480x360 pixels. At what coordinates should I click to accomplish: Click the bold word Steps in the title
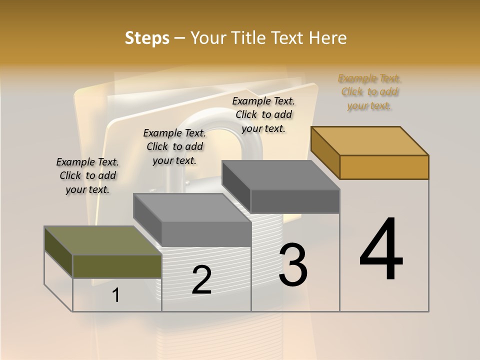(x=147, y=38)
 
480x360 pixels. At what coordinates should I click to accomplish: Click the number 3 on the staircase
(x=293, y=265)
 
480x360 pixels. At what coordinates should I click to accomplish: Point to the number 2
(x=201, y=280)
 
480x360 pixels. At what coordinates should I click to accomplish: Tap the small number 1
(x=116, y=295)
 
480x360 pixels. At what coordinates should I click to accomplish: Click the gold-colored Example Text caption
(x=369, y=92)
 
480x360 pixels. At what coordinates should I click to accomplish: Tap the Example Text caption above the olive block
(x=87, y=175)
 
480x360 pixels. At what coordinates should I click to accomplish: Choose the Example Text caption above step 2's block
(x=174, y=146)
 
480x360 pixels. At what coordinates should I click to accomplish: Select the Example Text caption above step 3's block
(x=263, y=114)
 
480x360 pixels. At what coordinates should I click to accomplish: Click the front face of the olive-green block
(x=117, y=266)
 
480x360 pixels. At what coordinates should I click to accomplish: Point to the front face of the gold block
(x=384, y=167)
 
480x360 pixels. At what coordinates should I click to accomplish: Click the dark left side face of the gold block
(x=325, y=152)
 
